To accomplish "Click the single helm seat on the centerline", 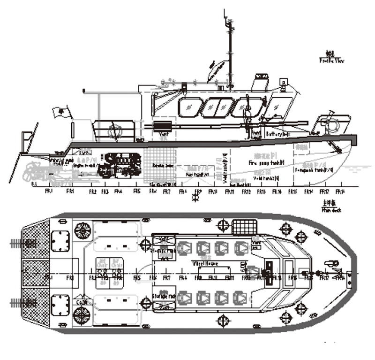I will click(x=254, y=272).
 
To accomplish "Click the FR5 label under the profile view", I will click(x=137, y=191).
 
